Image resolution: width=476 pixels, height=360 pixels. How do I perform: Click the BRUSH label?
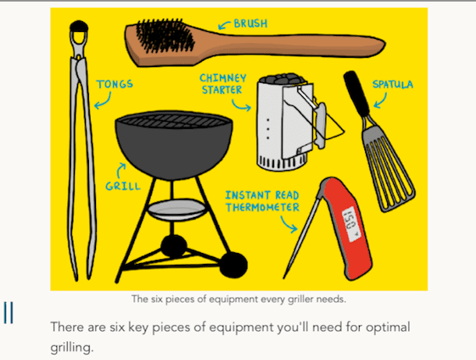[250, 23]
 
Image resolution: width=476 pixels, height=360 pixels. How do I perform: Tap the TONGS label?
[115, 84]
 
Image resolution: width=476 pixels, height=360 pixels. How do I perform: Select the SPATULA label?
[393, 84]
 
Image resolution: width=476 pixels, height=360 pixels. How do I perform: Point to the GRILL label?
[123, 186]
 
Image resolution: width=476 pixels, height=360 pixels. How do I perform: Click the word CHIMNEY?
[223, 78]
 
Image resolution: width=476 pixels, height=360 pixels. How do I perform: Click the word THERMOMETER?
[262, 207]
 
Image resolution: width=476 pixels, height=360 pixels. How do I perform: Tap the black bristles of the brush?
[164, 35]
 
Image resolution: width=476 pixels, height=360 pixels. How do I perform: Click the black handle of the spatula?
[357, 93]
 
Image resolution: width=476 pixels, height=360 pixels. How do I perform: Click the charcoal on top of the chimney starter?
[282, 78]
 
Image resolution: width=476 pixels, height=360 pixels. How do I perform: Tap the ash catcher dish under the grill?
[176, 209]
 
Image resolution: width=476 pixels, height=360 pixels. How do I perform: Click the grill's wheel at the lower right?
[233, 265]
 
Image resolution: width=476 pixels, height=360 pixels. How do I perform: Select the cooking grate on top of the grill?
[173, 120]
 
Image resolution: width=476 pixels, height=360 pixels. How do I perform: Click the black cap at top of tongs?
[79, 26]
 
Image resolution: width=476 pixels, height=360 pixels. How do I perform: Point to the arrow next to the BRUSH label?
[224, 25]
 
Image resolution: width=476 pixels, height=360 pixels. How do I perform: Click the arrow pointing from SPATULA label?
[381, 101]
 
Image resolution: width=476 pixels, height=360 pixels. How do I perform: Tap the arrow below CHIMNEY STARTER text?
[241, 105]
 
